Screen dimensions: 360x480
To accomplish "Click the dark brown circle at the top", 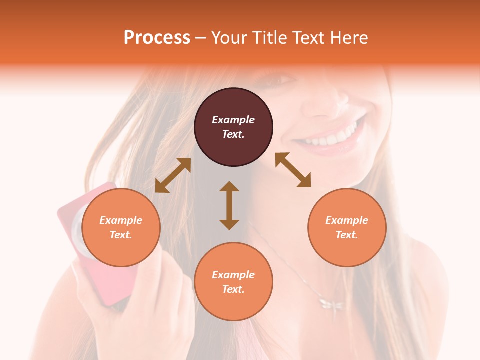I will (233, 127).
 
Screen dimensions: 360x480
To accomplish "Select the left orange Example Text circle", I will (121, 227).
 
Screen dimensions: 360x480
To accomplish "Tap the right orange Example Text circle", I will (347, 227).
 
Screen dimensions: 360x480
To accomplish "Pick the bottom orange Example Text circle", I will (233, 282).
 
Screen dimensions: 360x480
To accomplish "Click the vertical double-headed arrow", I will (229, 205).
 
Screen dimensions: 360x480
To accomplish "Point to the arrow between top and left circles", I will (173, 175).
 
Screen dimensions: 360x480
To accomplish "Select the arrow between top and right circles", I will (293, 170).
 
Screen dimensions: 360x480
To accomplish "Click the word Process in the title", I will (157, 38).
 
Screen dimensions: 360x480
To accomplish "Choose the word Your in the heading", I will (230, 38).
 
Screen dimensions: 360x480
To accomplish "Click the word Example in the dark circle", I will (233, 120).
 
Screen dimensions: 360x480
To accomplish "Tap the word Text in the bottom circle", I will (233, 289).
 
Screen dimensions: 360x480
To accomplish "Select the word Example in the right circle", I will (347, 220).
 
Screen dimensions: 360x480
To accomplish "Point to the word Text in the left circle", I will (121, 235).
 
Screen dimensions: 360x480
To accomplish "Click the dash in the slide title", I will (200, 38).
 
